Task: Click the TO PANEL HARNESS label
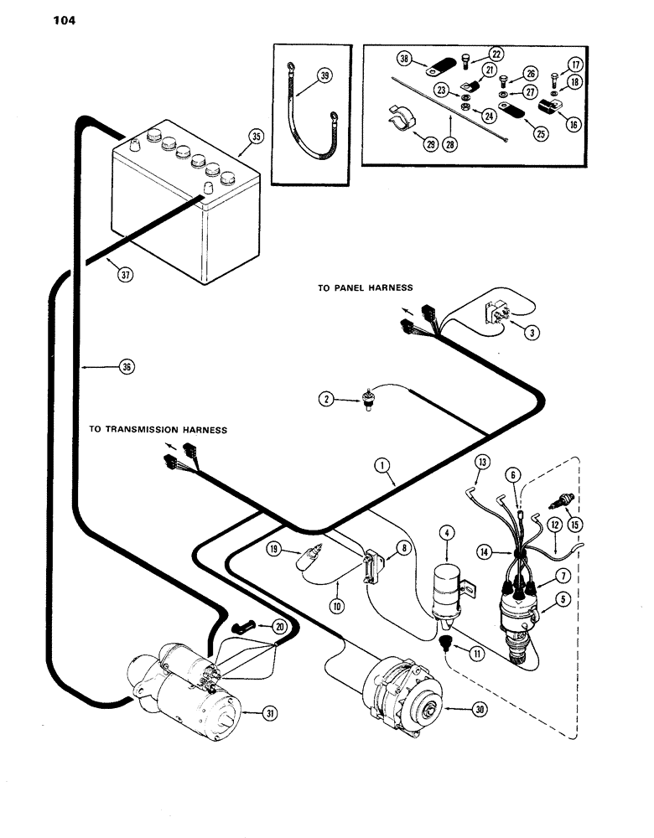pos(365,287)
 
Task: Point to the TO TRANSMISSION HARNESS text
pos(158,430)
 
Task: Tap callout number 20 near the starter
pos(279,626)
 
